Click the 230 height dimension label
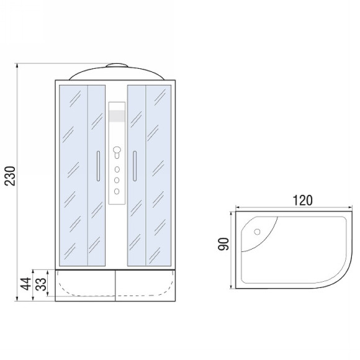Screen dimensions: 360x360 pos(10,176)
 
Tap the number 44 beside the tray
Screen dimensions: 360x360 pos(25,284)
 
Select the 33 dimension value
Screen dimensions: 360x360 pos(41,284)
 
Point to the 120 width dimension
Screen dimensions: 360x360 pos(302,200)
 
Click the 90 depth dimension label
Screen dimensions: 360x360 pos(223,244)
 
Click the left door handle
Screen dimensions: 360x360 pos(98,166)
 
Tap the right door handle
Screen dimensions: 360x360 pos(135,166)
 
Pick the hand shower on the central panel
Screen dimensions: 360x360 pos(117,153)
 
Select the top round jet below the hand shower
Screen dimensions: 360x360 pos(117,169)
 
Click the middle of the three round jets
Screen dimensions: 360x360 pos(117,180)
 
